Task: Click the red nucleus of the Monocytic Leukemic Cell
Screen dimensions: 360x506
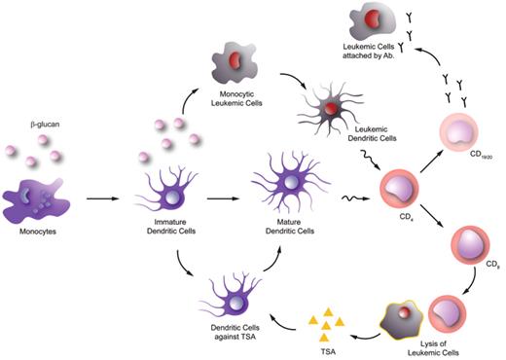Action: point(234,61)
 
